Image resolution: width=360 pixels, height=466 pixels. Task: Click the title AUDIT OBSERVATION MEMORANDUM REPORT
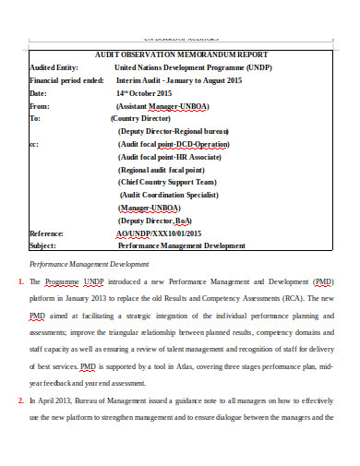(179, 54)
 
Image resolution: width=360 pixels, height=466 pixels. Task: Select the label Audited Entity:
(54, 67)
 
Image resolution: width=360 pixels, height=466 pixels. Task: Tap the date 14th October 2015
(145, 93)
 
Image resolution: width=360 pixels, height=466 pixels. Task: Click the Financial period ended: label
(66, 80)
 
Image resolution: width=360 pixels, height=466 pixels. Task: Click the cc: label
(34, 145)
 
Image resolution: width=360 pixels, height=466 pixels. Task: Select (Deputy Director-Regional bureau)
(174, 132)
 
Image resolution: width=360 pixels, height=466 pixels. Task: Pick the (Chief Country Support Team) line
(167, 183)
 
